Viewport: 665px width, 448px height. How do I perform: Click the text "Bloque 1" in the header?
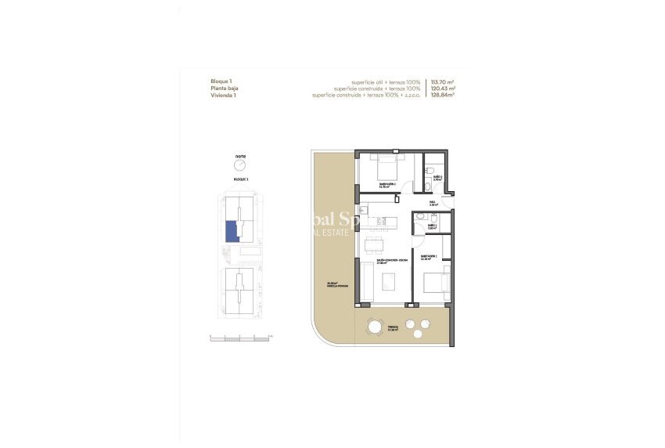[x=221, y=81]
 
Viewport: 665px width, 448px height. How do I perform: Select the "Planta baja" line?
[x=225, y=89]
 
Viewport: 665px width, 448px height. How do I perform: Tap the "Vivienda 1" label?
[x=224, y=96]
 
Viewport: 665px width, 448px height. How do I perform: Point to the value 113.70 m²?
[x=443, y=81]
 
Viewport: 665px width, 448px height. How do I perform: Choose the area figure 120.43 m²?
[x=443, y=89]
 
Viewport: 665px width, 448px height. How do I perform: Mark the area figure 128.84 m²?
[x=443, y=96]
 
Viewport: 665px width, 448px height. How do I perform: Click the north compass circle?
[x=240, y=166]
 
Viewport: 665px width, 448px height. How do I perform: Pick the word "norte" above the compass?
[x=240, y=156]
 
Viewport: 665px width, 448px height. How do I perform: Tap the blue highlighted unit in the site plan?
[x=231, y=233]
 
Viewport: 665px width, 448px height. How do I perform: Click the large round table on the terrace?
[x=376, y=327]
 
